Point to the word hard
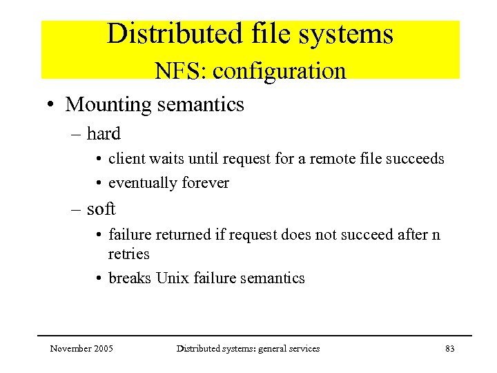pyautogui.click(x=104, y=134)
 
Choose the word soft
pyautogui.click(x=101, y=209)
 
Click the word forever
pyautogui.click(x=206, y=183)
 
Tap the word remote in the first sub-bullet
pyautogui.click(x=331, y=159)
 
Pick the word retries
pyautogui.click(x=128, y=254)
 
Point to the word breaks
pyautogui.click(x=129, y=278)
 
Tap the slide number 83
pyautogui.click(x=449, y=349)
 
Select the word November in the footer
pyautogui.click(x=70, y=349)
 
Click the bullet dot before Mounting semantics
pyautogui.click(x=52, y=106)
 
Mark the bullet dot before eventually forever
pyautogui.click(x=99, y=184)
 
